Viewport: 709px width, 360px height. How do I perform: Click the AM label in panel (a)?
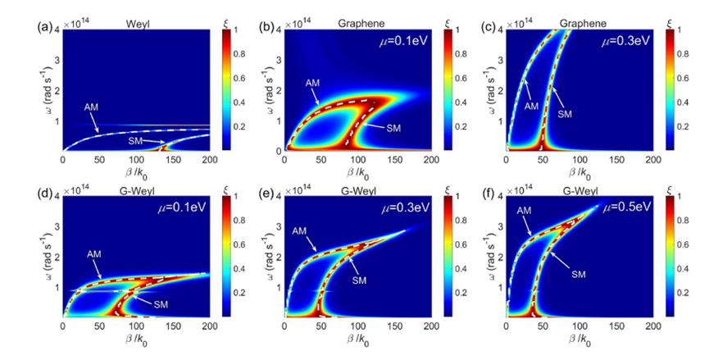coord(91,107)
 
